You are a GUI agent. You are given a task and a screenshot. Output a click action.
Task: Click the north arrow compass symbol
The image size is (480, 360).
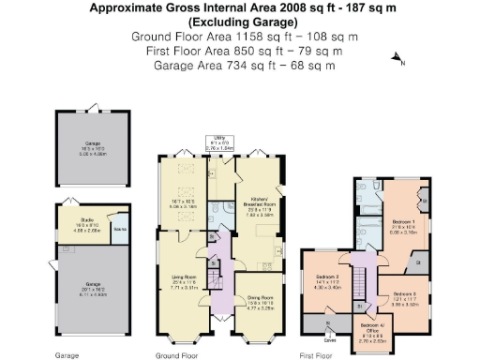398,61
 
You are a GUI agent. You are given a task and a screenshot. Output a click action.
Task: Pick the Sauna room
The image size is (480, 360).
119,228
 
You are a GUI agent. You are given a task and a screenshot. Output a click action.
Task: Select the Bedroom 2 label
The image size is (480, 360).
326,282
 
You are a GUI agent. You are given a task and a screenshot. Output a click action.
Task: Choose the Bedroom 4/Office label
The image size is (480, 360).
371,329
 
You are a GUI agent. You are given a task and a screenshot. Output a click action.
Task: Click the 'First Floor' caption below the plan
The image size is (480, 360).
317,355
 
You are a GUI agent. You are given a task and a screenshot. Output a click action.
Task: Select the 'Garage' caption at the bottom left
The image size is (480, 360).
66,355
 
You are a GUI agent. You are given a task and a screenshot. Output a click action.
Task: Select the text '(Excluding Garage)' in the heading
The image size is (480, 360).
240,22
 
